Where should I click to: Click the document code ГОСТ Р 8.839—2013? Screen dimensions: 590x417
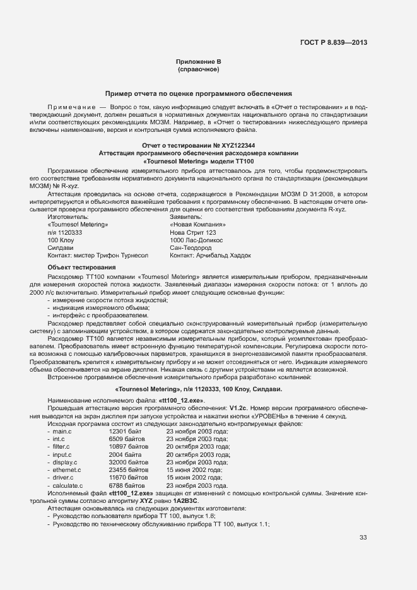point(333,43)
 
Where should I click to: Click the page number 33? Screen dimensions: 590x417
point(363,538)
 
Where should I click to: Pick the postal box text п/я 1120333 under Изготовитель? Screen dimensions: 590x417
point(65,232)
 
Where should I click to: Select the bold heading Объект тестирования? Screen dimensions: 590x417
point(77,268)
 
